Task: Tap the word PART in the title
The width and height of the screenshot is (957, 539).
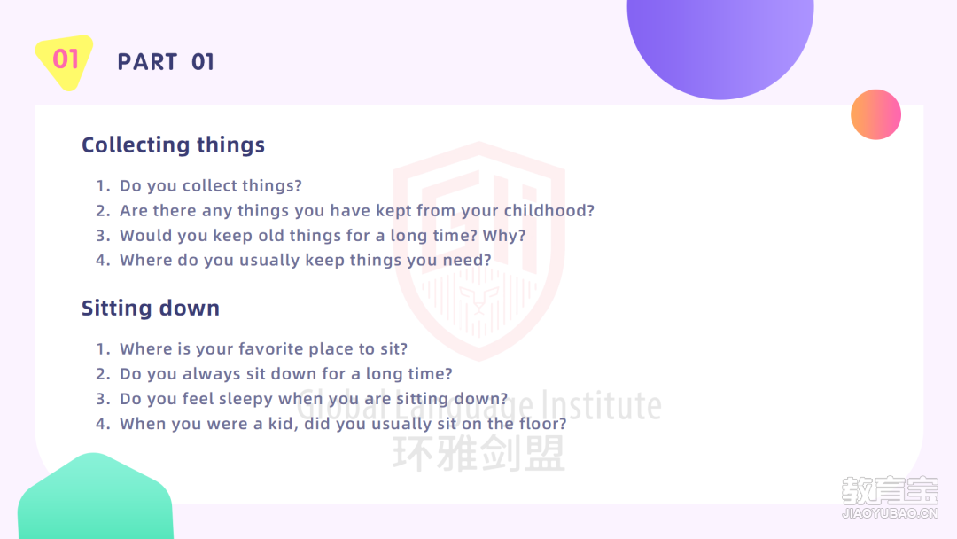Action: click(x=147, y=62)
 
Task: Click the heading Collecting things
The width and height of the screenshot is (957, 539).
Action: click(x=174, y=145)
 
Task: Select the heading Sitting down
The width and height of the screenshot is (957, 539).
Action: click(x=150, y=309)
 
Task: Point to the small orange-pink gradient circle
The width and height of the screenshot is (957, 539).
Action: click(x=875, y=114)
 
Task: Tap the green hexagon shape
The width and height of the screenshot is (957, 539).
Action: click(x=95, y=497)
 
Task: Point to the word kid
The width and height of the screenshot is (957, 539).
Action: click(x=284, y=424)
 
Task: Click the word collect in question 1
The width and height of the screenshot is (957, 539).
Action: click(x=210, y=185)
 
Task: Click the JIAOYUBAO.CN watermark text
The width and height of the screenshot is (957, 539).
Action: click(x=890, y=513)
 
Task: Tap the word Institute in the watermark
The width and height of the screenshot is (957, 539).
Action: click(x=602, y=405)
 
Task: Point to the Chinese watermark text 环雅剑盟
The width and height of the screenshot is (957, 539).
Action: click(x=479, y=454)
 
